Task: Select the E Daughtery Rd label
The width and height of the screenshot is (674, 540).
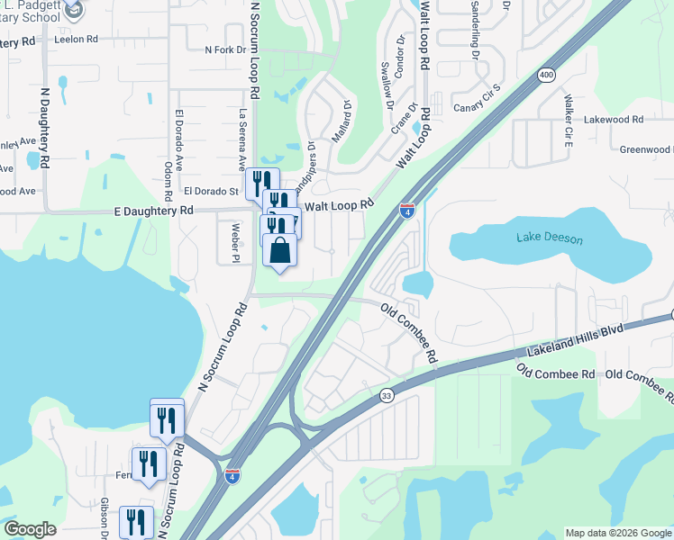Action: tap(154, 210)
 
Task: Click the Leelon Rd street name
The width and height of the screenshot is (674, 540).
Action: tap(76, 40)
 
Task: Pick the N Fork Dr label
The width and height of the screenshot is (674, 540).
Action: tap(225, 50)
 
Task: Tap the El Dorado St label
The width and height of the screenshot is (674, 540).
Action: tap(210, 191)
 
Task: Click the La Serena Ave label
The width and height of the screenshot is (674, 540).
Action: tap(241, 139)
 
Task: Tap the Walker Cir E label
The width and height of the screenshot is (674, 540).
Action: tap(569, 119)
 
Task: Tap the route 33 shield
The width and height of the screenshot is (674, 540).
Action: tap(387, 394)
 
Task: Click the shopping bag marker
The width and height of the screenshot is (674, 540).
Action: tap(279, 250)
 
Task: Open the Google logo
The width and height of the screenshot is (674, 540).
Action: tap(30, 528)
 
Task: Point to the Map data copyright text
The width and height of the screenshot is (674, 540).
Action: tap(618, 533)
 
